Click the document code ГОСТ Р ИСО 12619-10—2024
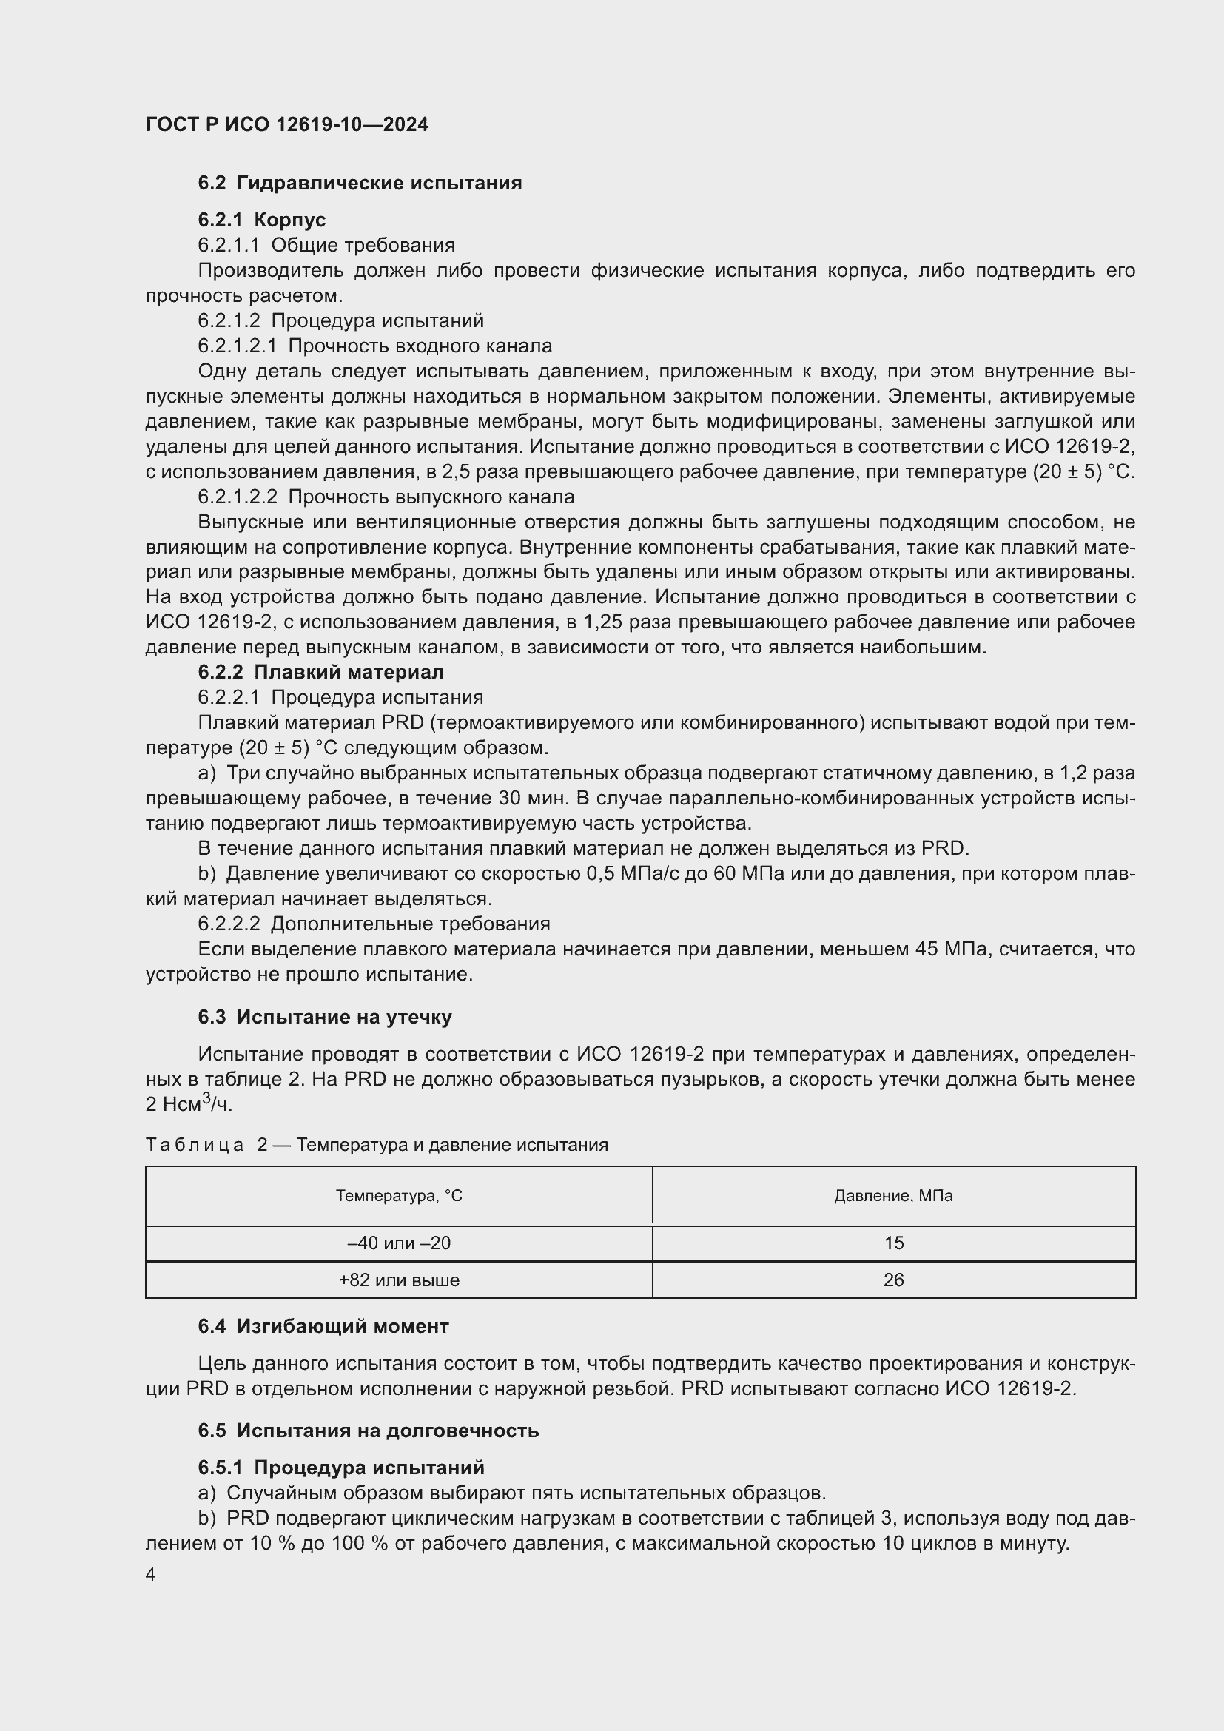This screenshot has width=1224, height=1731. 287,124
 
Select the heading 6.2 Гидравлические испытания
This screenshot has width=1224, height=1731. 360,184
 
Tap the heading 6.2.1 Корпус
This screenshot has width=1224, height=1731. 261,220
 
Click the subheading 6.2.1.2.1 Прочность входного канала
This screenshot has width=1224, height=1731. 374,346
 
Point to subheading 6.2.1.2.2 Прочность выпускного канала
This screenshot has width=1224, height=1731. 386,497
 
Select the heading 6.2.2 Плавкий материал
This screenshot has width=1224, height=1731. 320,672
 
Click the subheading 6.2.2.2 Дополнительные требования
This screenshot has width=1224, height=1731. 374,924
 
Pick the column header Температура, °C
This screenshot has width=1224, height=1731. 399,1196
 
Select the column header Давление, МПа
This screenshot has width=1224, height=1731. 893,1196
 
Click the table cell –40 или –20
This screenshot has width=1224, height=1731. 399,1243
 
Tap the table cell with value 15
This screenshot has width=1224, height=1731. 893,1243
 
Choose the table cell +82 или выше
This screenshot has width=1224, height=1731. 399,1280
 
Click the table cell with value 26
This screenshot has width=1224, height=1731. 893,1280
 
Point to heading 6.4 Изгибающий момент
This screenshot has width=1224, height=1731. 323,1326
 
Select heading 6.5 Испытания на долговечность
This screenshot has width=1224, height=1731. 368,1431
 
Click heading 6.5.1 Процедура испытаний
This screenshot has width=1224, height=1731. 340,1467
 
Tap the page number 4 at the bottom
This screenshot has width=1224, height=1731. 150,1575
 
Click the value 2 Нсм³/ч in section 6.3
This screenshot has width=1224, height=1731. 189,1104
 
